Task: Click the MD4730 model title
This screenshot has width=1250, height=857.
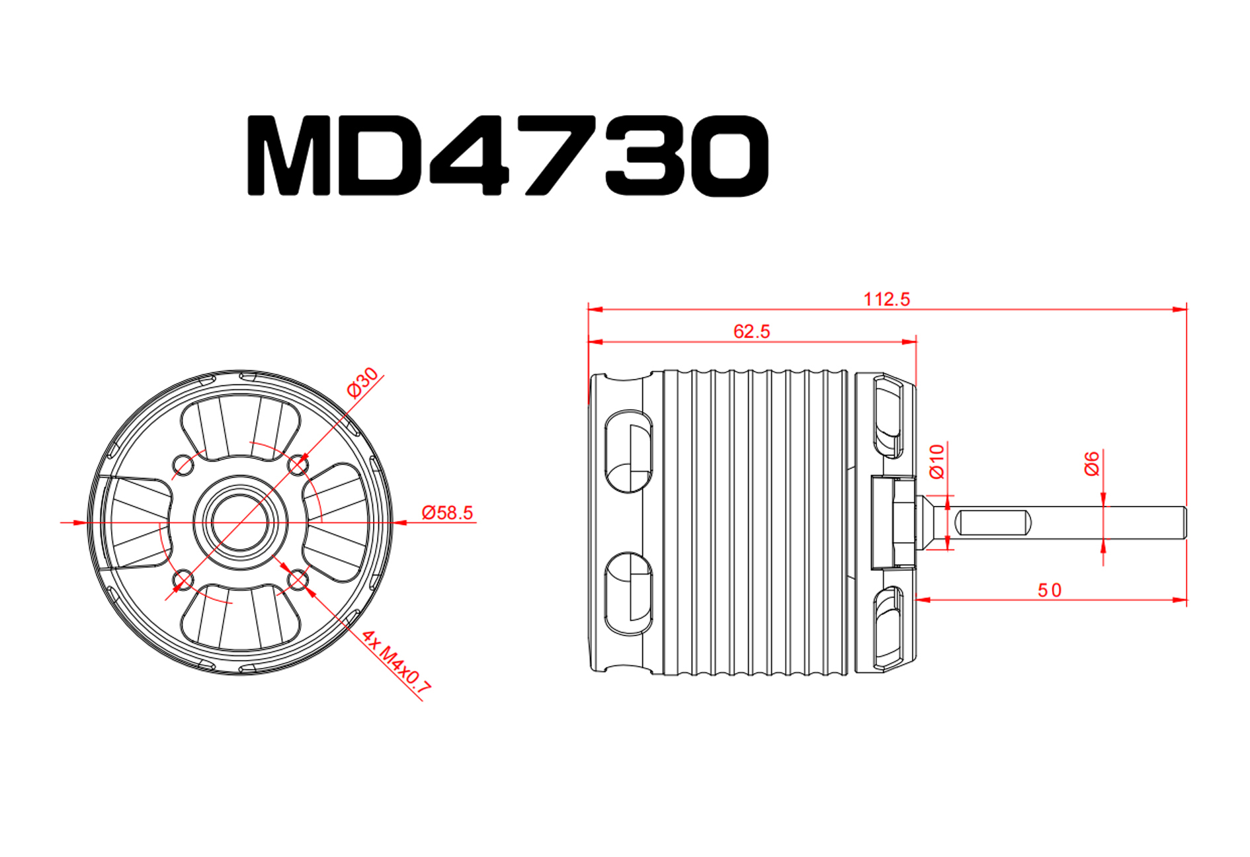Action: point(507,156)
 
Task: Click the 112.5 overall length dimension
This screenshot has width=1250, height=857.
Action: point(886,300)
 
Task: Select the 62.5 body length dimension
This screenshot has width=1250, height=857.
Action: point(751,331)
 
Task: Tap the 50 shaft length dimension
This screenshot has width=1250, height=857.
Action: point(1049,590)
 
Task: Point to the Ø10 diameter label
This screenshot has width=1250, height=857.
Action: point(937,461)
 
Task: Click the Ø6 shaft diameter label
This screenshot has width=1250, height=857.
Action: point(1091,464)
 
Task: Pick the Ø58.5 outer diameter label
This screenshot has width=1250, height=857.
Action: point(447,512)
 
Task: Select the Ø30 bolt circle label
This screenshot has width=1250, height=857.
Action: point(362,382)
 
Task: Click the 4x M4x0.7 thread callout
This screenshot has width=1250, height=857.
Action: point(396,663)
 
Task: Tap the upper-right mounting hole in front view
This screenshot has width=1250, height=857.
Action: point(298,466)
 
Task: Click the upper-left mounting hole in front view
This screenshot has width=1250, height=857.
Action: point(183,465)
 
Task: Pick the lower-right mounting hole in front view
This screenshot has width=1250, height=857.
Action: point(298,581)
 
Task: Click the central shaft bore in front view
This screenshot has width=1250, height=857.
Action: point(240,522)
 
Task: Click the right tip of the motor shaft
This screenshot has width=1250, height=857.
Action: point(1183,522)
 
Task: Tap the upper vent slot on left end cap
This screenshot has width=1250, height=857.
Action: point(629,451)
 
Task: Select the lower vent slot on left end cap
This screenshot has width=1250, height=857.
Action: point(629,593)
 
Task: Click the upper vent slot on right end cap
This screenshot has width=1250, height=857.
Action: point(888,415)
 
